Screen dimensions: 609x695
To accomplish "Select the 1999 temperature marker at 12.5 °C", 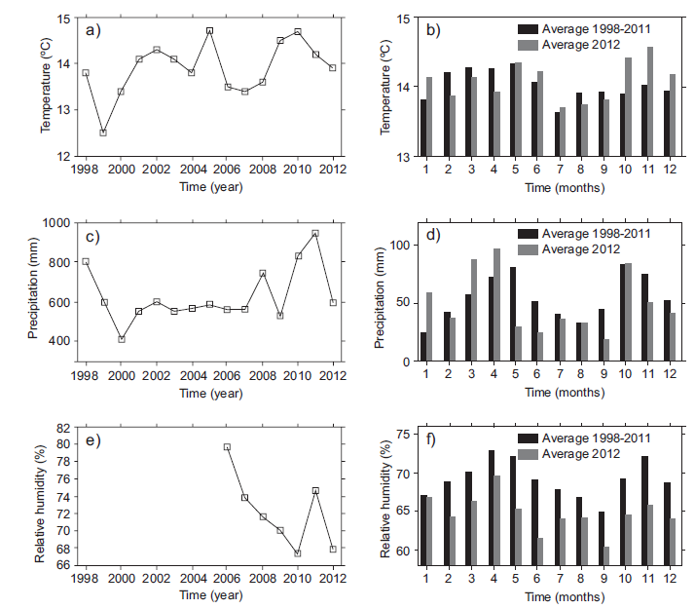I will coord(103,133).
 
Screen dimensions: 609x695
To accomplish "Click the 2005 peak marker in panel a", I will coord(209,30).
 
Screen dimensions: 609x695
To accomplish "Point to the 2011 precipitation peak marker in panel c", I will coord(315,234).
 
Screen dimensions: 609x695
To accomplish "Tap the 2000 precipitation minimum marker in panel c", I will coord(121,339).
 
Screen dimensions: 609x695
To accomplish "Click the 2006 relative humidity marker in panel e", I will coord(227,447).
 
